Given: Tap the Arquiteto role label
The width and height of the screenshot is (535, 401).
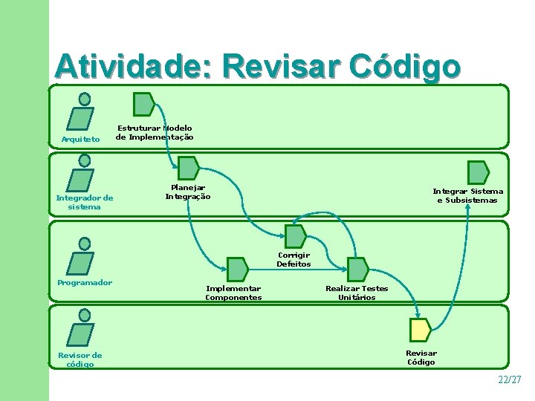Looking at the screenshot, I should [x=80, y=139].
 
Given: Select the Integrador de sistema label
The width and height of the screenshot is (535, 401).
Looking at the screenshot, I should [x=85, y=202].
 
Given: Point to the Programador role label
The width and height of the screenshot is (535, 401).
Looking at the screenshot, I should [x=85, y=282].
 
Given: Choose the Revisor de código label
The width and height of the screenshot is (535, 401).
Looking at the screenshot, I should [x=80, y=359].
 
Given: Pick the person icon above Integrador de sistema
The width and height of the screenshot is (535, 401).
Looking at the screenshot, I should [x=81, y=175].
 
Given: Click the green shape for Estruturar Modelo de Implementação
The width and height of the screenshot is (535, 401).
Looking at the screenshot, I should [x=143, y=104].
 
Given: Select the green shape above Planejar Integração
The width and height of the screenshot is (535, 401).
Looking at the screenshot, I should [x=188, y=168].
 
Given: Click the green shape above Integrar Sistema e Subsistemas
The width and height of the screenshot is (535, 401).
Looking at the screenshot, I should [x=478, y=172].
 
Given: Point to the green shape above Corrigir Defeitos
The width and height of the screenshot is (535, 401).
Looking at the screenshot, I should [x=295, y=236].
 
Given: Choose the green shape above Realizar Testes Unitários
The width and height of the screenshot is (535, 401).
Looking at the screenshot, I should [x=357, y=269].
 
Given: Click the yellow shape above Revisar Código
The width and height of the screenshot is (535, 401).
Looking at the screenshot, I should [x=421, y=330].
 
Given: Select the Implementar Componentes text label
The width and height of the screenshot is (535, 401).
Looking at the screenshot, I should [x=233, y=293].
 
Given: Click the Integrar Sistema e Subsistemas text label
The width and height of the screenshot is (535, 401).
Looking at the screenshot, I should [x=467, y=195].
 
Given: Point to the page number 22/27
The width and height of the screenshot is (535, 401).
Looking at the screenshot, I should [x=510, y=379].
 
